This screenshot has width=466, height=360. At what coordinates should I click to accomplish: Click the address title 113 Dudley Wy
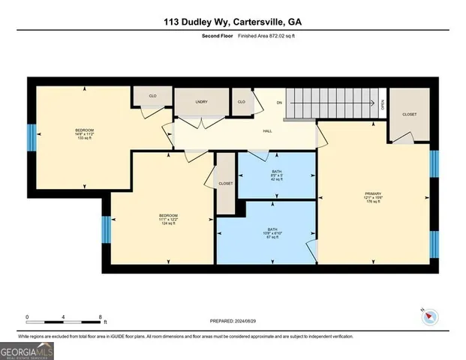point(233,22)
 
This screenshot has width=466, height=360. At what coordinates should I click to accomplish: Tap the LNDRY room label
point(201,101)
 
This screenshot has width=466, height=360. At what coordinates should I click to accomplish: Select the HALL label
point(267,131)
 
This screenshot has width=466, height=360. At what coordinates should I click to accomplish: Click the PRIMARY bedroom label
point(373,196)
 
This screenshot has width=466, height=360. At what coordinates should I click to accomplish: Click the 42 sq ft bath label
point(277,175)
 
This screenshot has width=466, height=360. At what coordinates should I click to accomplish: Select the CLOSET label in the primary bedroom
point(409,115)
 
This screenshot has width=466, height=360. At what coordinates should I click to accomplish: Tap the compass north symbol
point(430,316)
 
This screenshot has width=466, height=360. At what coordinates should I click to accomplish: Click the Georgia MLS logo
point(26,349)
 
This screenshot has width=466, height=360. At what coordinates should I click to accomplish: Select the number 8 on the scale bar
point(100,316)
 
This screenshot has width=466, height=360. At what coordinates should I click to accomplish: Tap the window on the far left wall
point(32,138)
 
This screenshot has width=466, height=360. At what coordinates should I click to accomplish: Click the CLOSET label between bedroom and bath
point(225,183)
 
